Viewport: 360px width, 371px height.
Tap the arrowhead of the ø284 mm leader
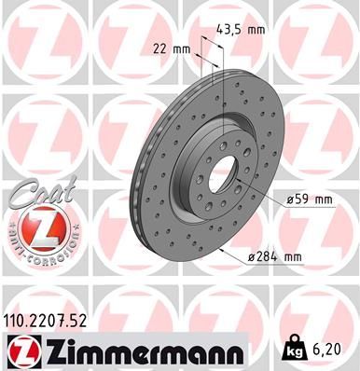tap(217, 247)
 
